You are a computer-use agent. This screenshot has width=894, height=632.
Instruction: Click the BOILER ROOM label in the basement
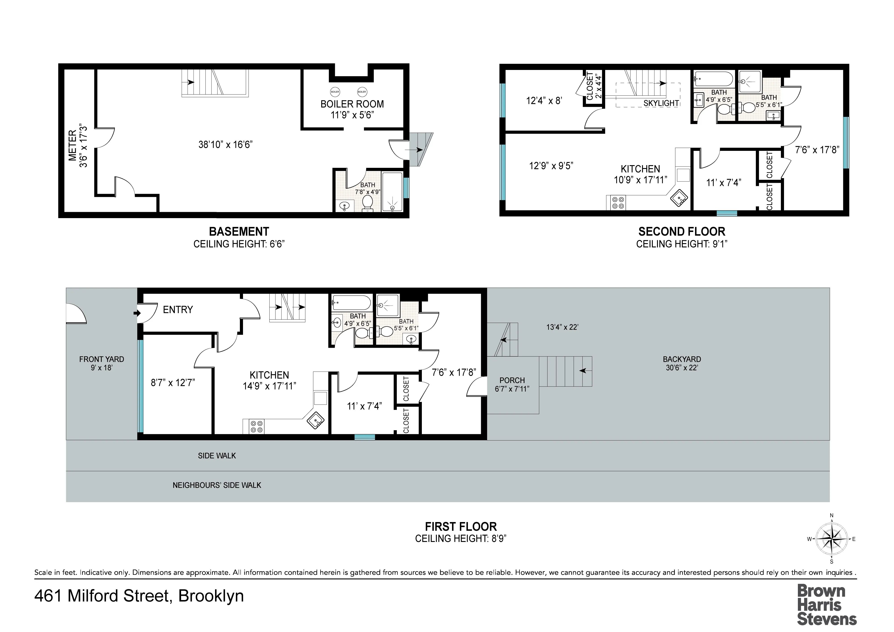pyautogui.click(x=352, y=104)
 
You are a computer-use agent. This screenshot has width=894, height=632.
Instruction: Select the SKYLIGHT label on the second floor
pyautogui.click(x=661, y=103)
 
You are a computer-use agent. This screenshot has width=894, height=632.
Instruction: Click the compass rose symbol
pyautogui.click(x=831, y=539)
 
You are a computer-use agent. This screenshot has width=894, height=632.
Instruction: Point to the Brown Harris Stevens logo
pyautogui.click(x=827, y=604)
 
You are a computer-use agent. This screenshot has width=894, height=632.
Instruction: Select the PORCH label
pyautogui.click(x=512, y=380)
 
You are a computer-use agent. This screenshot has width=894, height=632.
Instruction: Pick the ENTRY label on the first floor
pyautogui.click(x=178, y=310)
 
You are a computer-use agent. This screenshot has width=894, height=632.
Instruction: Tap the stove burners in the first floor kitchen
pyautogui.click(x=256, y=427)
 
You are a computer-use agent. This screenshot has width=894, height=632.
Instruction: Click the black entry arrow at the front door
pyautogui.click(x=137, y=313)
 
